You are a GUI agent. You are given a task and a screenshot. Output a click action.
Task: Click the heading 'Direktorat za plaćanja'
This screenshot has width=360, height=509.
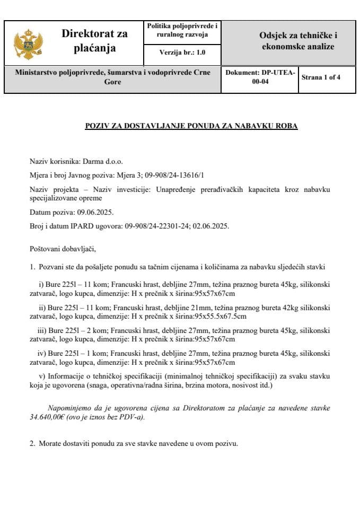[x=95, y=41]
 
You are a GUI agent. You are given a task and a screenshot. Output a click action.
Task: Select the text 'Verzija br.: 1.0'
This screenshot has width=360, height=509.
[x=182, y=52]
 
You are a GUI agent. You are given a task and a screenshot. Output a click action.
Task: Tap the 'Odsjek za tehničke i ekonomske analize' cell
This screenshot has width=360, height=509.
[x=298, y=41]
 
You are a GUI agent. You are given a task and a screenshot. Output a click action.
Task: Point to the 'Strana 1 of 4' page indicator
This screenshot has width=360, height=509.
[x=321, y=77]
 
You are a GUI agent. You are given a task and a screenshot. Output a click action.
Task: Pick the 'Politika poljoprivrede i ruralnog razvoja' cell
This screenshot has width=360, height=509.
[x=182, y=30]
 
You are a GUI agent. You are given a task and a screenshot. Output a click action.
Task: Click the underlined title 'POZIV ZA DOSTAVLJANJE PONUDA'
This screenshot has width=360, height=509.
[x=192, y=126]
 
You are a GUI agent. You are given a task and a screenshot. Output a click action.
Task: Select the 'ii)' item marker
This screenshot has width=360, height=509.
[x=42, y=308]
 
